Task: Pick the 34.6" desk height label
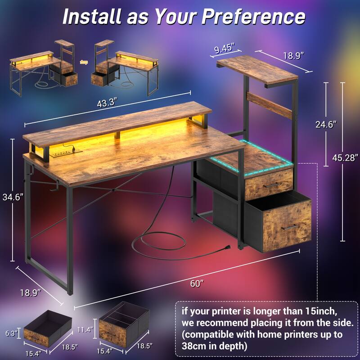(x=12, y=197)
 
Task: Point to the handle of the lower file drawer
(x=289, y=226)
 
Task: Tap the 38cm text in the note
(x=195, y=346)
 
